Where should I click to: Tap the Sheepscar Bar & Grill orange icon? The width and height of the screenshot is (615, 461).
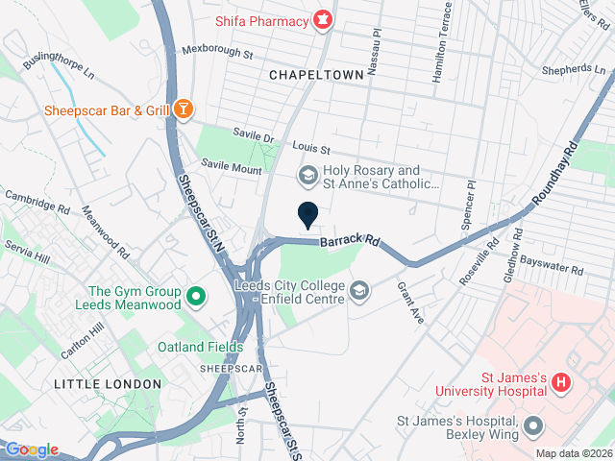point(183,109)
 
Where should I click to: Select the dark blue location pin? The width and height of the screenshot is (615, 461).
point(307,215)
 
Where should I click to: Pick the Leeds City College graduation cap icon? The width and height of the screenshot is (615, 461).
point(358,290)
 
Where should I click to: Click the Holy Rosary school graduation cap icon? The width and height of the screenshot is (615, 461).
point(307,174)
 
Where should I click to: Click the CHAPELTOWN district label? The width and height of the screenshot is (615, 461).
point(316,74)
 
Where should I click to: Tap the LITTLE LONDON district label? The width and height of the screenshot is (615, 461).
point(108,383)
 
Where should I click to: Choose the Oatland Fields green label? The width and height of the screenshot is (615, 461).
point(201,347)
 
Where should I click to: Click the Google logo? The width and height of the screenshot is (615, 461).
point(32,449)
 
